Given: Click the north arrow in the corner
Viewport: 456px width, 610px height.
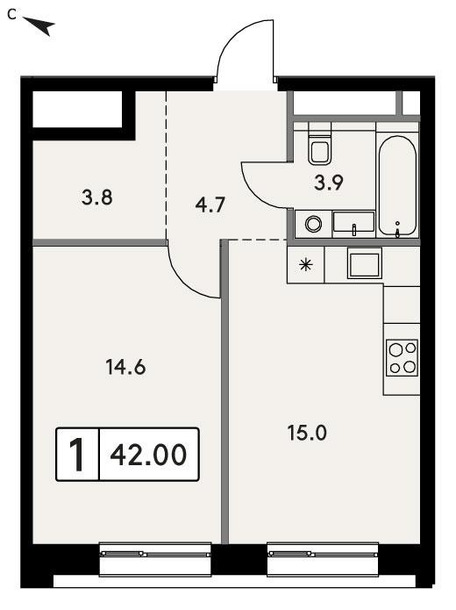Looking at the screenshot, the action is click(x=40, y=25).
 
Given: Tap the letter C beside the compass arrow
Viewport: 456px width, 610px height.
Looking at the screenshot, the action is click(x=11, y=15).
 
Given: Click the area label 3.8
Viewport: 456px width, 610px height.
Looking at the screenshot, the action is click(x=97, y=197).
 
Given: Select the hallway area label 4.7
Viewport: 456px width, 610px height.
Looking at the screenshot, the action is click(x=210, y=205).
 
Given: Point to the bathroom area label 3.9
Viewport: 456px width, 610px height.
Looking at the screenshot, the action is click(x=329, y=183).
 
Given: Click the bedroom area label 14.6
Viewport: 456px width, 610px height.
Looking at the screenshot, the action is click(x=125, y=367).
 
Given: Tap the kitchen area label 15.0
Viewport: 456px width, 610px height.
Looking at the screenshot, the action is click(x=307, y=433).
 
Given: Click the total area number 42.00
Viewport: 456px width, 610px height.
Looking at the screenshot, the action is click(x=148, y=455).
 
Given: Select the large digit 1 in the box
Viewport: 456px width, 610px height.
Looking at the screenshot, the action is click(x=78, y=455).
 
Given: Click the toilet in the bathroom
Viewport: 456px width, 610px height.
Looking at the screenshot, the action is click(x=320, y=144).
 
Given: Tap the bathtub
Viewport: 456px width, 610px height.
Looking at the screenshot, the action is click(x=397, y=186).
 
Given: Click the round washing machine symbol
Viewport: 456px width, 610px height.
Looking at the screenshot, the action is click(x=313, y=224).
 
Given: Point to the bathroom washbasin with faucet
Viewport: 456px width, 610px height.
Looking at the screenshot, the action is click(x=353, y=224).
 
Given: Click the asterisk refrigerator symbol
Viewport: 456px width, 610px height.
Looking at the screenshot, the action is click(x=306, y=265).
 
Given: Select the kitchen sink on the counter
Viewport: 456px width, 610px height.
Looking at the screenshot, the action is click(x=365, y=263).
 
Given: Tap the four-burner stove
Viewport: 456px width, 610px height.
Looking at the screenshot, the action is click(x=402, y=358).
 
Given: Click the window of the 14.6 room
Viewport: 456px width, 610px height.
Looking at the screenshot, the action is click(x=155, y=559).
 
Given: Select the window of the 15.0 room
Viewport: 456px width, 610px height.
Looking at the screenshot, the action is click(x=323, y=559).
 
